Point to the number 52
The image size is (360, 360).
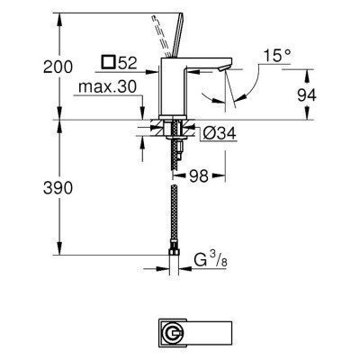tap(129, 65)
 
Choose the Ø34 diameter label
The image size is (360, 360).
tap(215, 134)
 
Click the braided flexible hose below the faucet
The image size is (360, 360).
tap(173, 216)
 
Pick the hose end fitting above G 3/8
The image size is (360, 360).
tap(173, 248)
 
